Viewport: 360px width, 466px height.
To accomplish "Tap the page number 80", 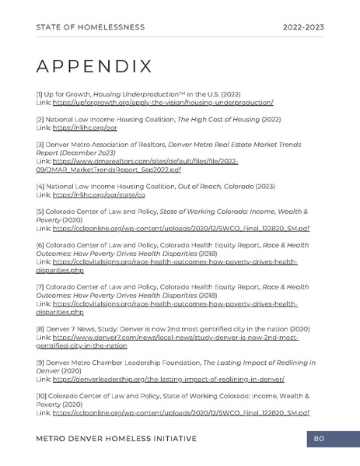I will click(318, 439).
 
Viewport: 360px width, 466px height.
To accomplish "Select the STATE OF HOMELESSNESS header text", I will click(90, 26).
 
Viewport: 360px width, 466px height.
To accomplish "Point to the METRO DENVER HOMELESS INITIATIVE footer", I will click(116, 439).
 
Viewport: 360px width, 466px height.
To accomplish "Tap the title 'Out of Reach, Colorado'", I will click(229, 187).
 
